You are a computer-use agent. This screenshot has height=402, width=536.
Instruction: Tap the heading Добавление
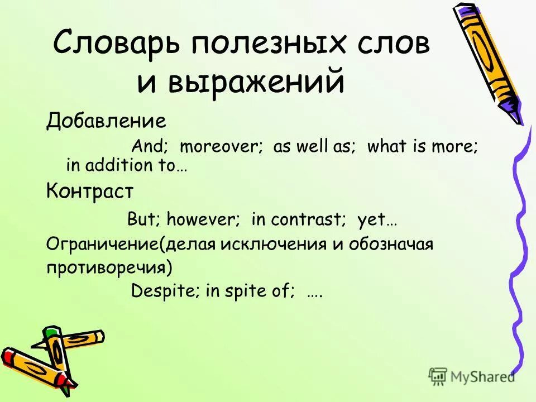(106, 121)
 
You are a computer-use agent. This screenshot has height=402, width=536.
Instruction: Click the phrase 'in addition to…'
(126, 165)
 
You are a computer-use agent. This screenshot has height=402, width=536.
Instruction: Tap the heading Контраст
(90, 192)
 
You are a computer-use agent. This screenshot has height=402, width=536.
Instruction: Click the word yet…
(377, 219)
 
